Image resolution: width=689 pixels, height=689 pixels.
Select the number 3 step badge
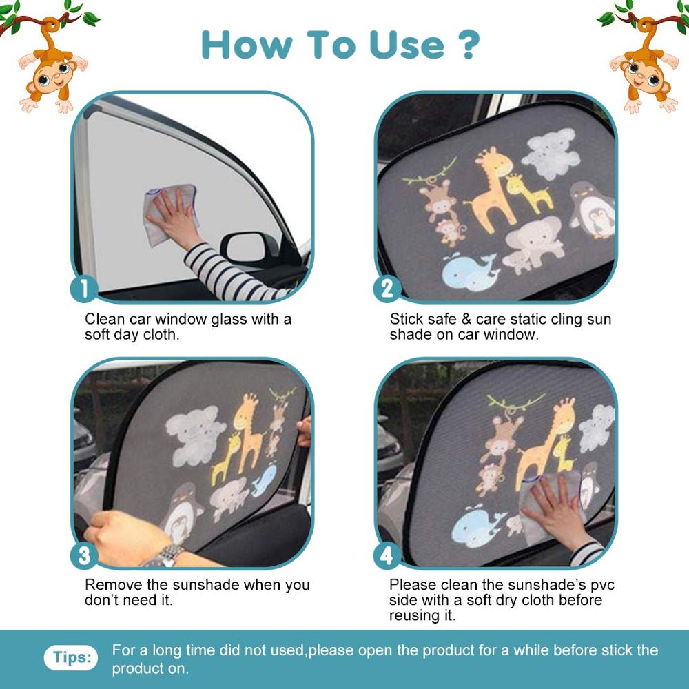84,555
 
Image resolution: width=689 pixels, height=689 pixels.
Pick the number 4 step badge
387,555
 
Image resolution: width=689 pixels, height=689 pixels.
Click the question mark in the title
467,44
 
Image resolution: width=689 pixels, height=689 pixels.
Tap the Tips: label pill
71,657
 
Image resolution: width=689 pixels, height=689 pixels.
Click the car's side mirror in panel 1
245,250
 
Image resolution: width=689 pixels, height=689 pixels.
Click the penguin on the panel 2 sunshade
593,210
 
